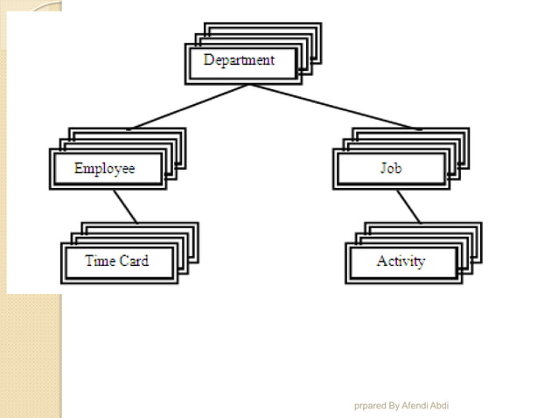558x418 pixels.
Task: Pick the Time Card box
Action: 117,261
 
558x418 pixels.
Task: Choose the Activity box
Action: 401,261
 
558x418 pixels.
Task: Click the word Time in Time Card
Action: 101,261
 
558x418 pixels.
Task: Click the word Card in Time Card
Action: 133,261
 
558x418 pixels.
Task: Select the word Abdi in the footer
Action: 440,406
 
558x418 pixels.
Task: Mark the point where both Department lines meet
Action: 249,85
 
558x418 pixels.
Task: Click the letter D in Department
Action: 209,60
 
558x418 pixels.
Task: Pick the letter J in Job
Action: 383,168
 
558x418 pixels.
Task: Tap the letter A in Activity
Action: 381,261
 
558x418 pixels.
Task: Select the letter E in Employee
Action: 79,168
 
